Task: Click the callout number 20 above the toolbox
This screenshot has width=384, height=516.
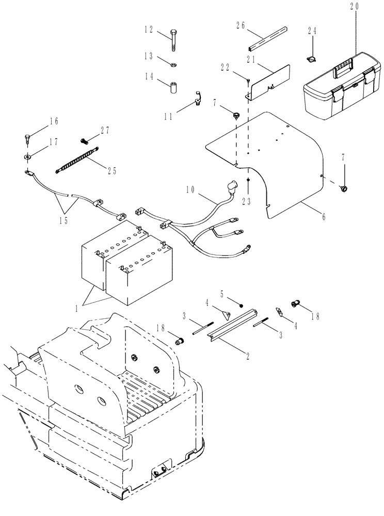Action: tap(354, 7)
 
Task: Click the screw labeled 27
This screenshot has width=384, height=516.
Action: tap(85, 140)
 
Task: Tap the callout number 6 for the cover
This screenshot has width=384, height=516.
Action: tap(324, 217)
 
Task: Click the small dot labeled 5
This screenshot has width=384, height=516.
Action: tap(241, 307)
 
